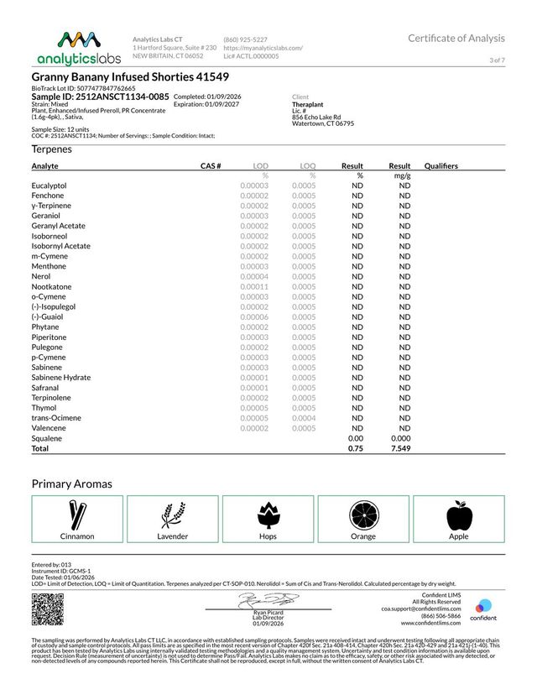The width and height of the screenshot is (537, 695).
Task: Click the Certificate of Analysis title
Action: click(x=456, y=39)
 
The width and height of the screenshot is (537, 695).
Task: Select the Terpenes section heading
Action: click(x=52, y=149)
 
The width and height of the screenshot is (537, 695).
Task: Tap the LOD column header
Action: click(x=260, y=166)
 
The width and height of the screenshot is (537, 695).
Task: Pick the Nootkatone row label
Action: click(x=51, y=286)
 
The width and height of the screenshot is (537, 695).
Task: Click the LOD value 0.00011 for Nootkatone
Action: click(x=253, y=286)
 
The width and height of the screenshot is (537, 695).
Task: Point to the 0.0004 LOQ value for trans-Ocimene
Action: click(x=304, y=418)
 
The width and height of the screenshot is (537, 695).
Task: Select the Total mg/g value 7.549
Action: click(x=401, y=448)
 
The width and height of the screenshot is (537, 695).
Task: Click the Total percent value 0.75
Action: click(x=355, y=448)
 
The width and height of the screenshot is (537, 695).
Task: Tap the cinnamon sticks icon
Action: click(x=77, y=514)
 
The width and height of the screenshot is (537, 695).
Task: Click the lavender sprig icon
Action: click(x=173, y=514)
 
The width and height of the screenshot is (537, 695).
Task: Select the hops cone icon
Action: click(x=268, y=514)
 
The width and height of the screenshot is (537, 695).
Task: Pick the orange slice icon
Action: click(x=363, y=514)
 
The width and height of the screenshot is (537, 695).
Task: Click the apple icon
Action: click(x=458, y=514)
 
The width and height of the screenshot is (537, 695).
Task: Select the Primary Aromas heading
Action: click(x=72, y=484)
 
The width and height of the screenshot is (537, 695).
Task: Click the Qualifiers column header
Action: click(x=441, y=166)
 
